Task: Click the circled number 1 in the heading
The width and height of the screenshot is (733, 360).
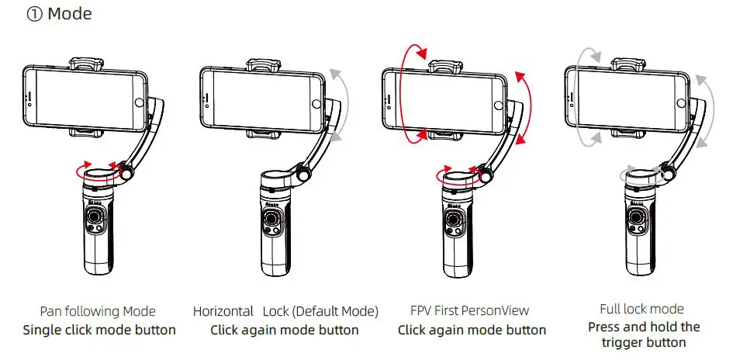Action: [x=35, y=15]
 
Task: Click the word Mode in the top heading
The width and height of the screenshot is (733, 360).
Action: [x=71, y=15]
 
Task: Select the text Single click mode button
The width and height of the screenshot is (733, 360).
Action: [x=99, y=330]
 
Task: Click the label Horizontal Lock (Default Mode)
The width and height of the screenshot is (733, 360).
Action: [x=285, y=311]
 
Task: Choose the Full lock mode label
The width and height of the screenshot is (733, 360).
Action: [x=642, y=309]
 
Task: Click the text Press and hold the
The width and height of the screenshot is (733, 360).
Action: [x=643, y=327]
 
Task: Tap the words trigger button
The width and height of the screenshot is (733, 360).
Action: [x=643, y=342]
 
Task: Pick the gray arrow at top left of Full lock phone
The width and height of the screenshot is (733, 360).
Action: [x=588, y=63]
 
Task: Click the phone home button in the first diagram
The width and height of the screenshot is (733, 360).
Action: [x=139, y=102]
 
